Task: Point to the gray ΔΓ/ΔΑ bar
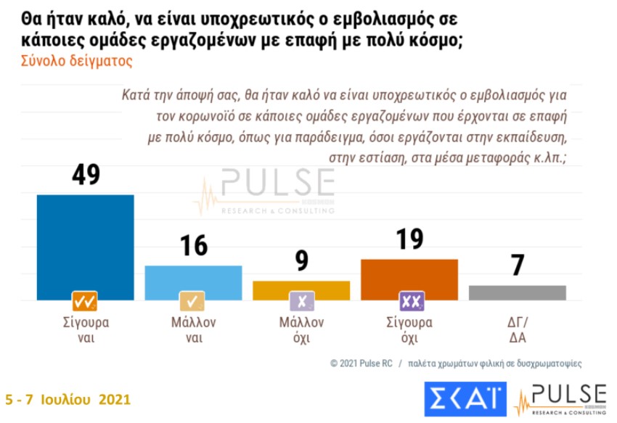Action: click(517, 292)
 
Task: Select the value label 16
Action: click(193, 246)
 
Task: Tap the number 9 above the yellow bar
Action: click(301, 261)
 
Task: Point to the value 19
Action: click(409, 239)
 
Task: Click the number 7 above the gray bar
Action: click(517, 266)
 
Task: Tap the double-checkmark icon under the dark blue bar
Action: click(85, 300)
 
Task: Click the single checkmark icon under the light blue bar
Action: click(193, 300)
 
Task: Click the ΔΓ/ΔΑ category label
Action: click(517, 330)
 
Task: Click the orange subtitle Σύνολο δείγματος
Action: click(70, 61)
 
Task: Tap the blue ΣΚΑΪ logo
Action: click(466, 398)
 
